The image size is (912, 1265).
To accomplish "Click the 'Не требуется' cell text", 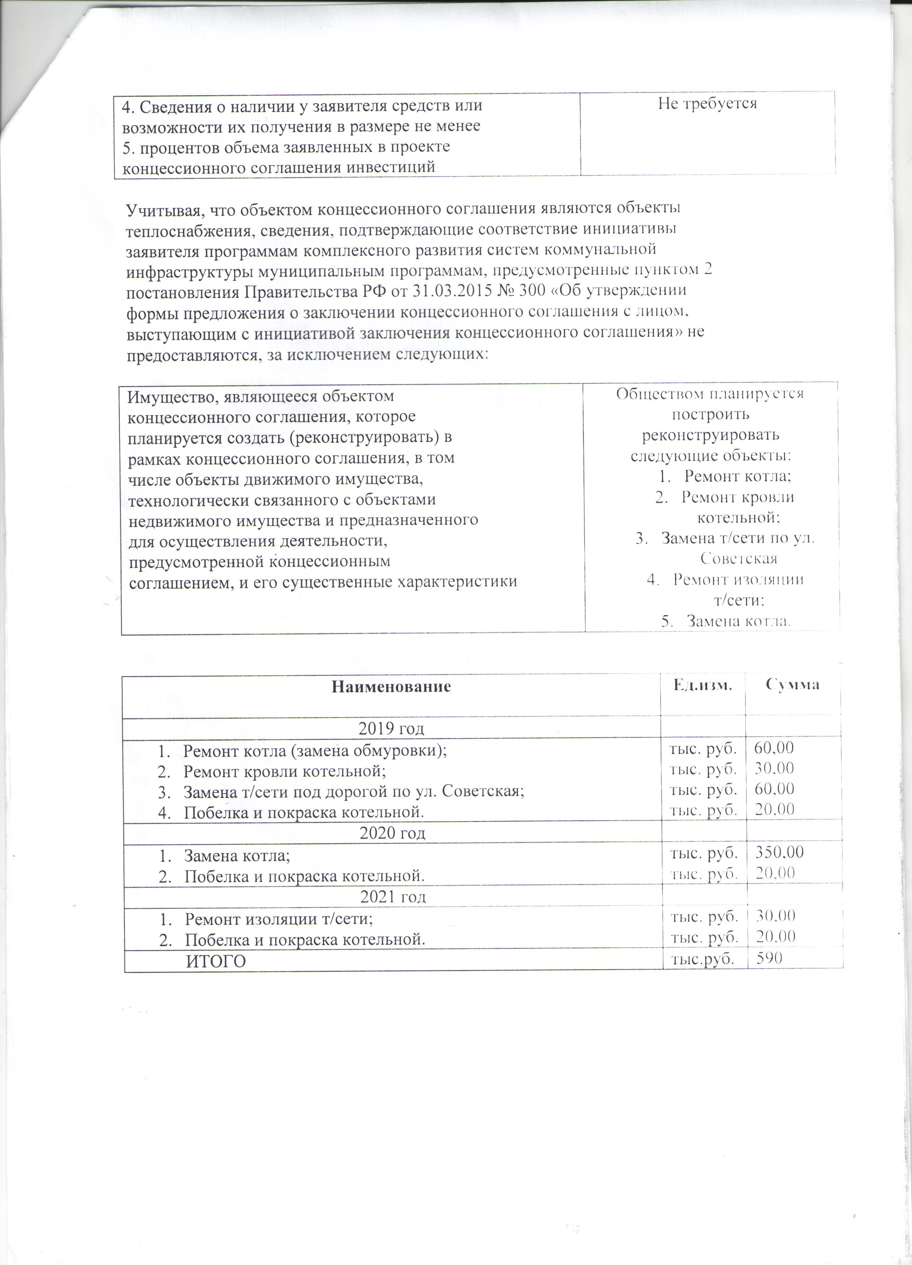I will [x=707, y=103].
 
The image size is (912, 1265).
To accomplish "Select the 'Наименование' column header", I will [x=391, y=686].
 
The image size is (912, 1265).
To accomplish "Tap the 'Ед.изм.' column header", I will [x=702, y=685].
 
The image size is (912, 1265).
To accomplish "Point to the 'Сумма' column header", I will [x=792, y=685].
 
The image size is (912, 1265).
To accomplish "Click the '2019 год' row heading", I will [x=391, y=728].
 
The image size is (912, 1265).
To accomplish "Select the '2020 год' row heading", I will [x=392, y=833].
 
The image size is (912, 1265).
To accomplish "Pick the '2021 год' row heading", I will [x=393, y=897].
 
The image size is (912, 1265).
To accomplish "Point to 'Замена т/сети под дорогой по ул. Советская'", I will [x=354, y=791].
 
